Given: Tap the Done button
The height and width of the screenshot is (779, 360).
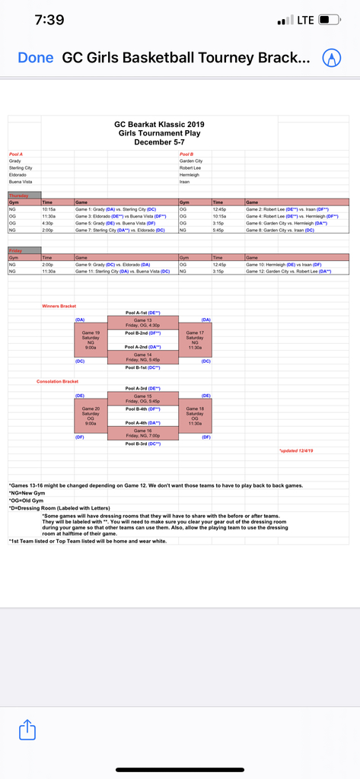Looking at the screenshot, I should tap(35, 58).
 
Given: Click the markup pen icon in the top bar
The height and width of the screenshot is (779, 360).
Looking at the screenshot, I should tap(331, 58).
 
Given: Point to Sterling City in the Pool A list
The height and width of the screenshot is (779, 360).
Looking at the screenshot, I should tap(21, 168).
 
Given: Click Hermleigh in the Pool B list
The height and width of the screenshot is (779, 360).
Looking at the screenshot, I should tap(190, 175).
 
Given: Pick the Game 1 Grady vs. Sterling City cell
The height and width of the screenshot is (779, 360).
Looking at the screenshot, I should tap(115, 208).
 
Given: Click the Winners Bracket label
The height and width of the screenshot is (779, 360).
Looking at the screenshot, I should tap(59, 306).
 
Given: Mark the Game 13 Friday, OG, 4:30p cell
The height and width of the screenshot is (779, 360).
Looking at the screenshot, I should tap(142, 323).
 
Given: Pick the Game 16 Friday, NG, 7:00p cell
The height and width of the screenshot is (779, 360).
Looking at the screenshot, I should tap(142, 434).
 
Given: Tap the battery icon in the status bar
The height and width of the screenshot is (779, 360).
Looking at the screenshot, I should tap(329, 20).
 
